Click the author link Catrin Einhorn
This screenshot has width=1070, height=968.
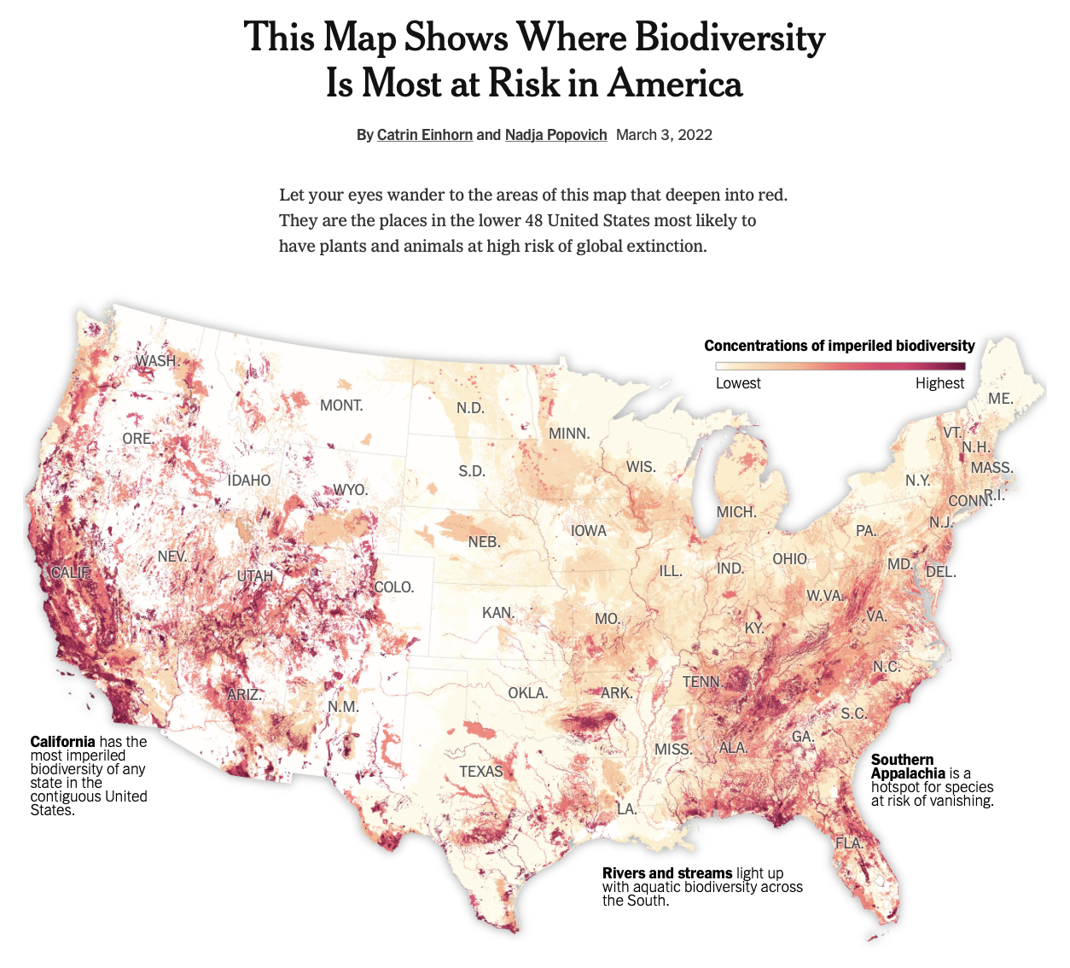click(424, 135)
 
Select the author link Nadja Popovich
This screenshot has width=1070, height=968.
click(555, 135)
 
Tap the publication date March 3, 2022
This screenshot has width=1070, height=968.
click(664, 135)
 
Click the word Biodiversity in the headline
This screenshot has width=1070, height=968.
click(730, 38)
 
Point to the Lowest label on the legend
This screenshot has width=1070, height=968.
click(738, 383)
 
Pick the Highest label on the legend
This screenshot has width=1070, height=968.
click(939, 383)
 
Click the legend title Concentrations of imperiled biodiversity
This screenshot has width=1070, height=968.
click(839, 346)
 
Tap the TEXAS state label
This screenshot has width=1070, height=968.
click(481, 772)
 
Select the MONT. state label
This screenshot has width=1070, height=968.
click(341, 405)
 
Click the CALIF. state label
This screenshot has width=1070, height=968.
click(70, 573)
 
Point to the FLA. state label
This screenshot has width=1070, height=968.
click(849, 843)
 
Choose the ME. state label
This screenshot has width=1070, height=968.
click(1000, 399)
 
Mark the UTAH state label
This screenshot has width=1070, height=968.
click(254, 577)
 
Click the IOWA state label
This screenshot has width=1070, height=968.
click(589, 531)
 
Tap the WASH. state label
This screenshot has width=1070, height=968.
click(157, 361)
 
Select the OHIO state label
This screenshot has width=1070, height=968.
click(789, 559)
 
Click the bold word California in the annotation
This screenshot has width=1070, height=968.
click(62, 742)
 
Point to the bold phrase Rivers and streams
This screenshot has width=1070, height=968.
click(666, 873)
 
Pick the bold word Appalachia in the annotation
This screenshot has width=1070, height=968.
click(908, 773)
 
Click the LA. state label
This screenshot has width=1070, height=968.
click(627, 808)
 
